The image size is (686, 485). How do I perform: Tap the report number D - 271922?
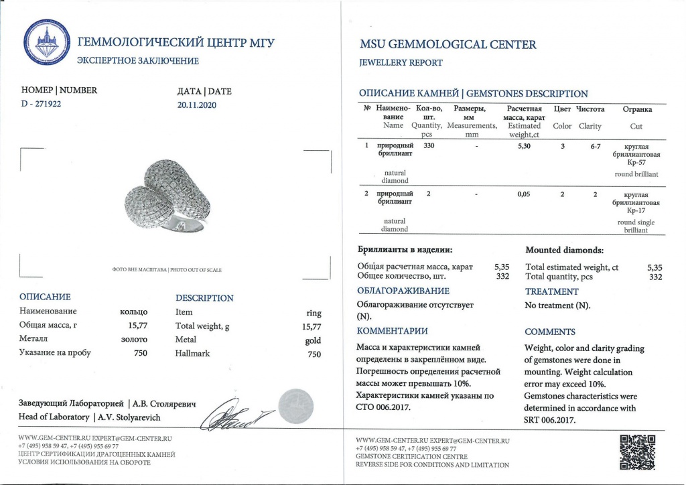42,105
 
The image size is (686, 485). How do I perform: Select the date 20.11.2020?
196,105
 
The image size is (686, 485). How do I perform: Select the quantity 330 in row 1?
429,146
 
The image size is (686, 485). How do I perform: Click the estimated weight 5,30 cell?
524,146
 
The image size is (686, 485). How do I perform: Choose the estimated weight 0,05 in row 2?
524,194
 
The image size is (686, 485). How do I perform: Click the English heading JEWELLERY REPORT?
401,63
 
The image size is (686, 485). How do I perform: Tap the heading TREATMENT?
551,291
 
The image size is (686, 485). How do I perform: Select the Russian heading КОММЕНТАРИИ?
392,332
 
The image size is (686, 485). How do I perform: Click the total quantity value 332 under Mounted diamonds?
656,277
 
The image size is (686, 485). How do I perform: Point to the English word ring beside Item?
314,313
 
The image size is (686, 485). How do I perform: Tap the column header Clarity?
590,126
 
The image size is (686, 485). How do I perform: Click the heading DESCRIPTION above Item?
204,298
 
